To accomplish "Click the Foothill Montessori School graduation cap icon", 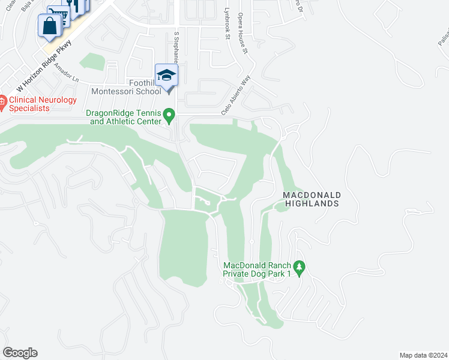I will click(x=166, y=76).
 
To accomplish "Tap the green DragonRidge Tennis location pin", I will click(x=170, y=114).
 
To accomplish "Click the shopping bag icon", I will click(x=48, y=26).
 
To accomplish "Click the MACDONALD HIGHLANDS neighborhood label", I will click(x=312, y=199).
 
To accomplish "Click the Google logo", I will click(x=20, y=353).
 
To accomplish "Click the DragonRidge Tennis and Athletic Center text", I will click(x=124, y=117).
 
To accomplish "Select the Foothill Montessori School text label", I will click(x=126, y=88).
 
